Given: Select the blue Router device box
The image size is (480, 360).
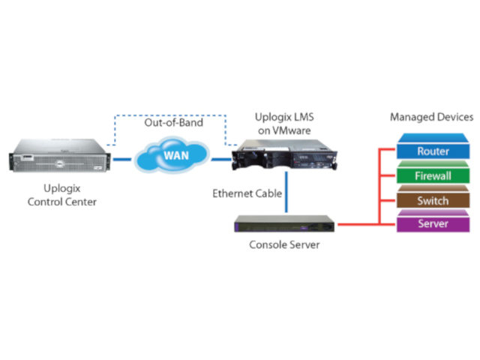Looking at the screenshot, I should [433, 151].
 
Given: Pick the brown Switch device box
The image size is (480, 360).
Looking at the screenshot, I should [433, 200].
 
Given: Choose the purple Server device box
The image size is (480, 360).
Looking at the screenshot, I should [433, 223].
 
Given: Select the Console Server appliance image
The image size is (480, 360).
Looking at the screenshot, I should [283, 223].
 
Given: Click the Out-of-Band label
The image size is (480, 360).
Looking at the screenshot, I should [173, 121].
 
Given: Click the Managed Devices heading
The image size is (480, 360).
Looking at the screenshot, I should [431, 117].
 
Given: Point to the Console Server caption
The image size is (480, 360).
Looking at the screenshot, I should [284, 244].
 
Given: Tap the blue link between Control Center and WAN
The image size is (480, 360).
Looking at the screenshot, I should [122, 159].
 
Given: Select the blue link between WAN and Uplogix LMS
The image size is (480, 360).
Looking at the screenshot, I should [221, 159].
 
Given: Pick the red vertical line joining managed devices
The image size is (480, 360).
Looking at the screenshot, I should [384, 187].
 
